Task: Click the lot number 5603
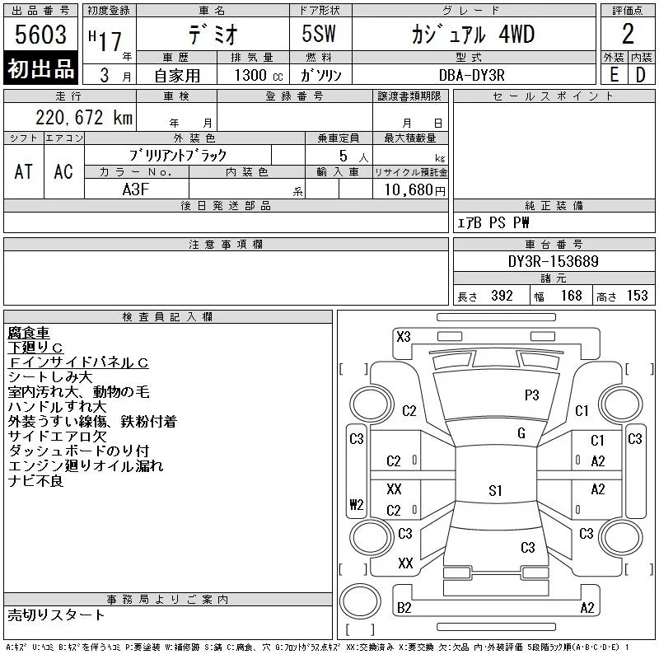pyautogui.click(x=40, y=35)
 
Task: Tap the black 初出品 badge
pyautogui.click(x=40, y=68)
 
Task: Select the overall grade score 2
pyautogui.click(x=628, y=34)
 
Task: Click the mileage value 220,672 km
pyautogui.click(x=84, y=118)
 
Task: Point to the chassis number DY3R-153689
pyautogui.click(x=553, y=261)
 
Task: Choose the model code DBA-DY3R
pyautogui.click(x=471, y=75)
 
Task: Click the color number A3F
pyautogui.click(x=136, y=189)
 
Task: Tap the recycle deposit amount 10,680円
pyautogui.click(x=415, y=190)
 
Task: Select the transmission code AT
pyautogui.click(x=23, y=171)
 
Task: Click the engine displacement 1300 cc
pyautogui.click(x=259, y=75)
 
